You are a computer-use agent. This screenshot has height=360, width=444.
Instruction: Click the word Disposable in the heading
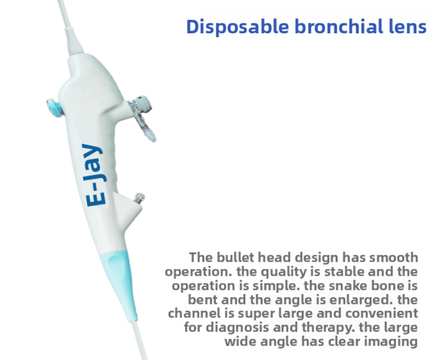point(238,27)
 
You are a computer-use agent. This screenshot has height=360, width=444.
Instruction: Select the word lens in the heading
point(404,26)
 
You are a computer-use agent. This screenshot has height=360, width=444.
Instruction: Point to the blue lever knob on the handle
point(54,108)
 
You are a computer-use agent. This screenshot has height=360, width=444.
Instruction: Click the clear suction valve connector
point(142,116)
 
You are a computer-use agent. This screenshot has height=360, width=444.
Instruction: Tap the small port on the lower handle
point(139,198)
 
